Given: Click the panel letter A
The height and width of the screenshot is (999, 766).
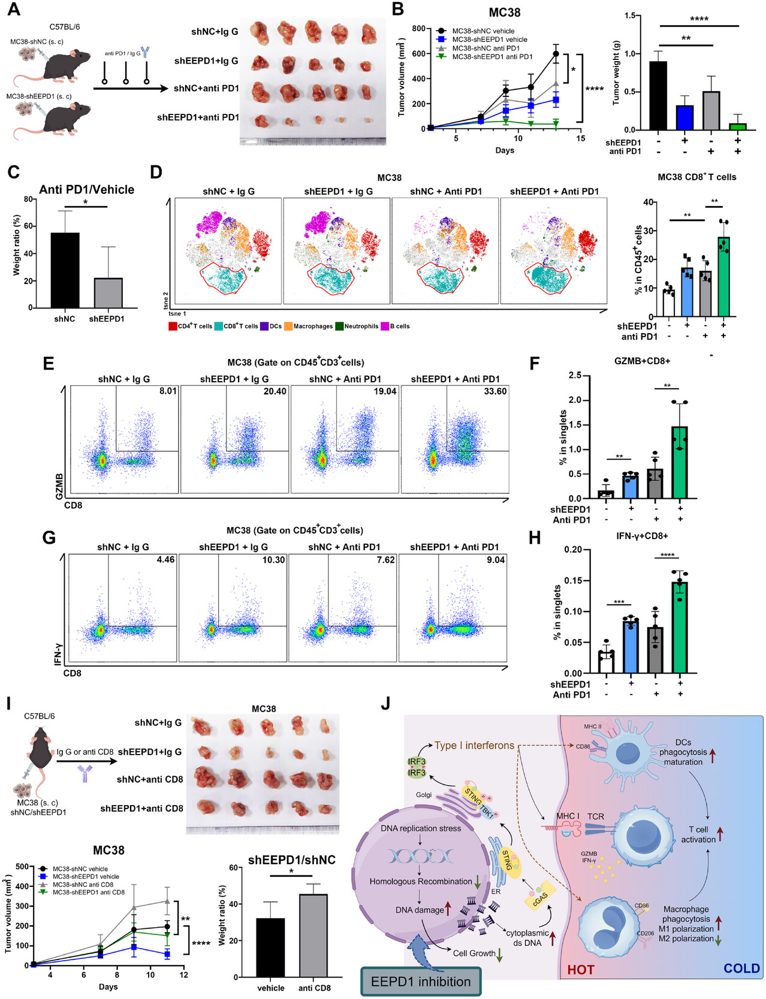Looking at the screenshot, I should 13,10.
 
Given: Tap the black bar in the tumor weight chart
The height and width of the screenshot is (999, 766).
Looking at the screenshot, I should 658,96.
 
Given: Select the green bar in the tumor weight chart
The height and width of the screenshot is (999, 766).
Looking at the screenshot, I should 737,126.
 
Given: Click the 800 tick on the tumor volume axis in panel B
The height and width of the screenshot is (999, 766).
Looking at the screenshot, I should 419,29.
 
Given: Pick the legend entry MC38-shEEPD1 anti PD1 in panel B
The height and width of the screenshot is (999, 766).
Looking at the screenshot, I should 491,57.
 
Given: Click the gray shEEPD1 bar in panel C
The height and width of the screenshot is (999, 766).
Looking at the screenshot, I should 108,293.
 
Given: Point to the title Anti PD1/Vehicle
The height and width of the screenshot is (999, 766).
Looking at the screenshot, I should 86,190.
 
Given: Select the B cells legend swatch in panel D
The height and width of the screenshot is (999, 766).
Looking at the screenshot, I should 385,326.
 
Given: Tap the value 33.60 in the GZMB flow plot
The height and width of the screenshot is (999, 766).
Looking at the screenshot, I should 495,392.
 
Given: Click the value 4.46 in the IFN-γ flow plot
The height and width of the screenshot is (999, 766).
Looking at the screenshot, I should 165,560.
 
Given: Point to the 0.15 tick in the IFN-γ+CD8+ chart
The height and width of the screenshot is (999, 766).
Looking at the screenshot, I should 574,580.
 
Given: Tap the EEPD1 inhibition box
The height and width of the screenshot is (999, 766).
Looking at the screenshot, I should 420,982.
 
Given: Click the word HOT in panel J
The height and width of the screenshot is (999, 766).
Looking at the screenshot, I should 580,969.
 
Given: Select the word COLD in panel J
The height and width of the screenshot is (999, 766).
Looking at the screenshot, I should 741,968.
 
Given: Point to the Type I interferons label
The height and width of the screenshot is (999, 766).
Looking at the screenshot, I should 474,746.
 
